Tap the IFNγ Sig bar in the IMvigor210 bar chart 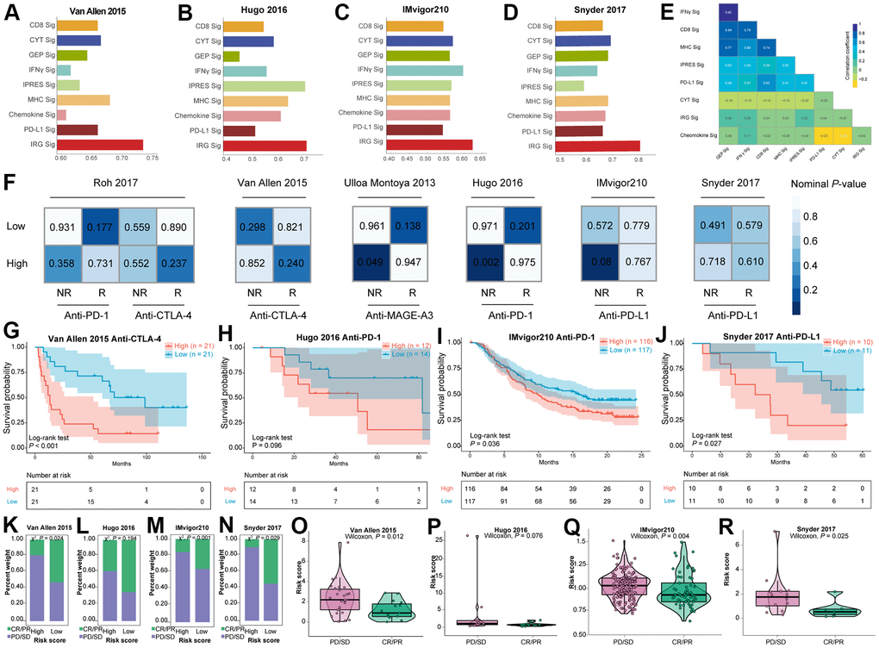point(426,70)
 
